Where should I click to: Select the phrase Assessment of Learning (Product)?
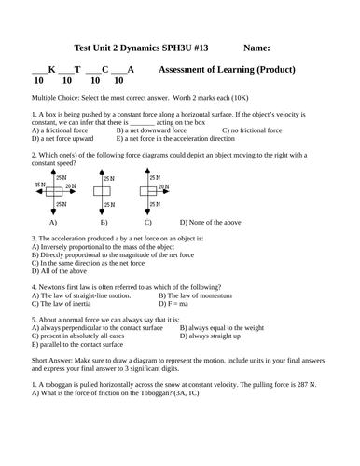click(x=228, y=69)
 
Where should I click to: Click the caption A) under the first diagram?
click(x=53, y=224)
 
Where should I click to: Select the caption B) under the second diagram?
click(x=104, y=224)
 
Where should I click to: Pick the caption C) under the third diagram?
click(x=148, y=224)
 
